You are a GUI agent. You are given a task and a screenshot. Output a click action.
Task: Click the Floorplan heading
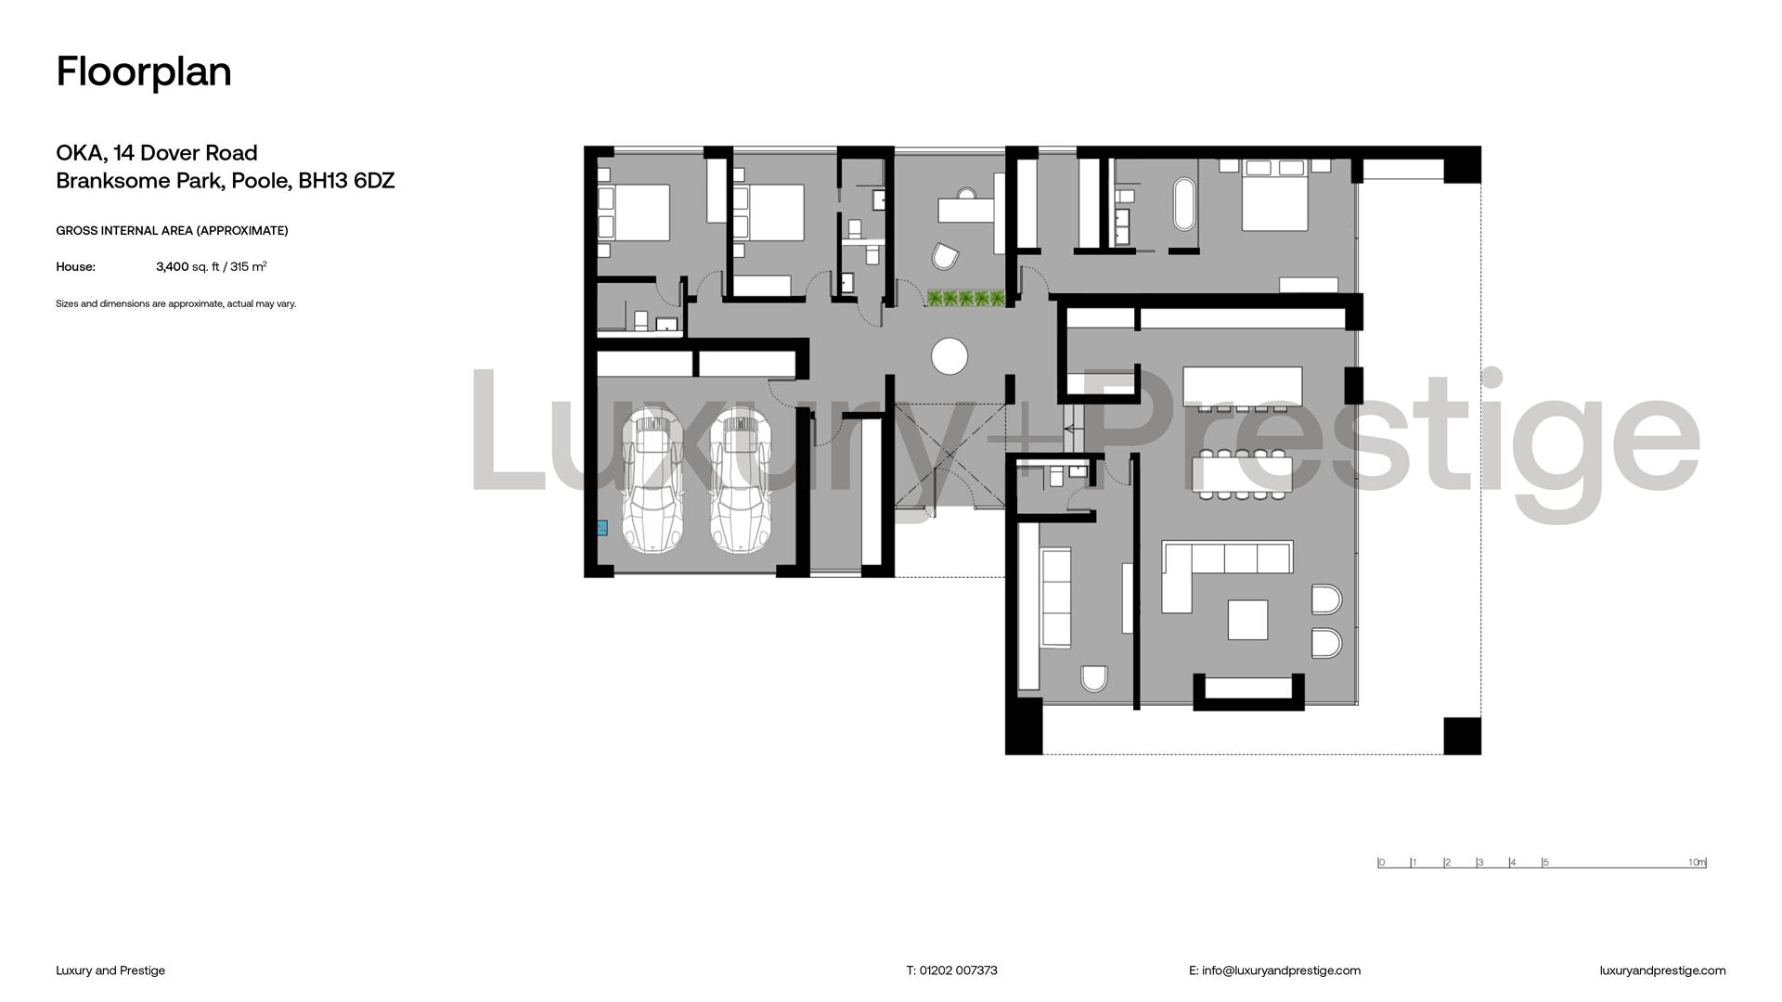[144, 71]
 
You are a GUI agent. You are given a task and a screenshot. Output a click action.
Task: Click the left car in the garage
[652, 483]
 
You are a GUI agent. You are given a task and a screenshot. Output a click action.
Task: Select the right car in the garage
[742, 483]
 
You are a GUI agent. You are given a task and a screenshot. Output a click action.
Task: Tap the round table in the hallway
[949, 356]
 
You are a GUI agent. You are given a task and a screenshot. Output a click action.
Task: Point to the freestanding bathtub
[1184, 203]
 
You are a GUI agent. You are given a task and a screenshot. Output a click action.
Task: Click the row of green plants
[966, 299]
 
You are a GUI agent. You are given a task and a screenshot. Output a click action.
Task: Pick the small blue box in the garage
[601, 528]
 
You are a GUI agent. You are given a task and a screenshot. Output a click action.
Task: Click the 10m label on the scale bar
[1697, 863]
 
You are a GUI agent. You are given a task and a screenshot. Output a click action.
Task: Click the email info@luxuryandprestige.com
[1281, 970]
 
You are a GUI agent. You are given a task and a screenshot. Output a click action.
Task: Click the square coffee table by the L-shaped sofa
[1247, 620]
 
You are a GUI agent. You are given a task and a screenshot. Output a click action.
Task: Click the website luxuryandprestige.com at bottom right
[1662, 970]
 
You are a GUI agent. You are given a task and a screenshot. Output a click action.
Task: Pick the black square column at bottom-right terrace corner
[1462, 736]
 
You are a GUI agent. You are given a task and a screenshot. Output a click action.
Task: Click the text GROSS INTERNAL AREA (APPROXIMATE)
[172, 231]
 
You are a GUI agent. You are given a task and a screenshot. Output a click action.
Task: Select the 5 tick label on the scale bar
[1546, 863]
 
